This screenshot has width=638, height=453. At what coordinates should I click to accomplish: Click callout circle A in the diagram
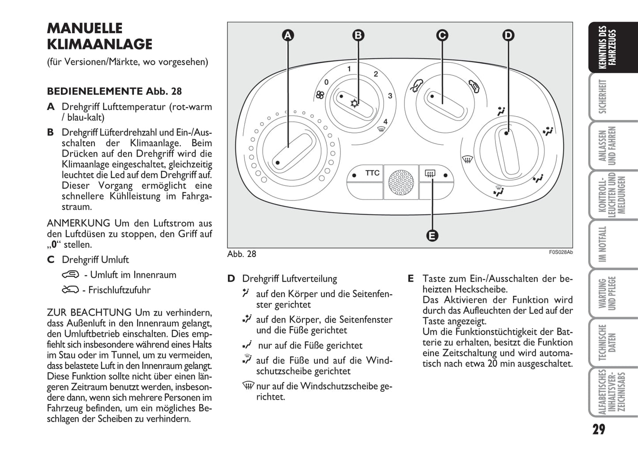pos(288,35)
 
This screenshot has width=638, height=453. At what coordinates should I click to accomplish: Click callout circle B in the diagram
pos(358,35)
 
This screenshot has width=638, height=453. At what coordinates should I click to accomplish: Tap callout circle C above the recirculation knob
pos(442,35)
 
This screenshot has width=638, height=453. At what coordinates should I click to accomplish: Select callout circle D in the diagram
pos(508,35)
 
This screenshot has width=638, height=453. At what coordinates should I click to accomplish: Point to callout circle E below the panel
pos(432,235)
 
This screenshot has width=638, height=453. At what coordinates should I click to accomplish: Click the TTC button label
pos(372,173)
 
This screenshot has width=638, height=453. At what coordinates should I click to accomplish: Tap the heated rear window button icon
pos(430,174)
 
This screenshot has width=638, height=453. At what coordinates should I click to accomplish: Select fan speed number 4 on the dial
pos(385,122)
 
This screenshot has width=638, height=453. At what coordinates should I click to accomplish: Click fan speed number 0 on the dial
pos(326,82)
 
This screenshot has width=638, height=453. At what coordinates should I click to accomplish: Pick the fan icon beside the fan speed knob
pos(320,94)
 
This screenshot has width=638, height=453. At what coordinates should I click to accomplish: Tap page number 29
pos(599,429)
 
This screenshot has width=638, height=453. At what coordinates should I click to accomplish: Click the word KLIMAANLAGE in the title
pos(100,44)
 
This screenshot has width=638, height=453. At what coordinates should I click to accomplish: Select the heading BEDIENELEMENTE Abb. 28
pos(114,91)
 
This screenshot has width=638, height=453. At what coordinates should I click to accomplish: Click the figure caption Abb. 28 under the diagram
pos(242,254)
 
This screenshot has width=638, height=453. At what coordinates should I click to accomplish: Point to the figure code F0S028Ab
pos(561,252)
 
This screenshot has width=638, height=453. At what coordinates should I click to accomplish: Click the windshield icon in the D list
pos(248,385)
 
